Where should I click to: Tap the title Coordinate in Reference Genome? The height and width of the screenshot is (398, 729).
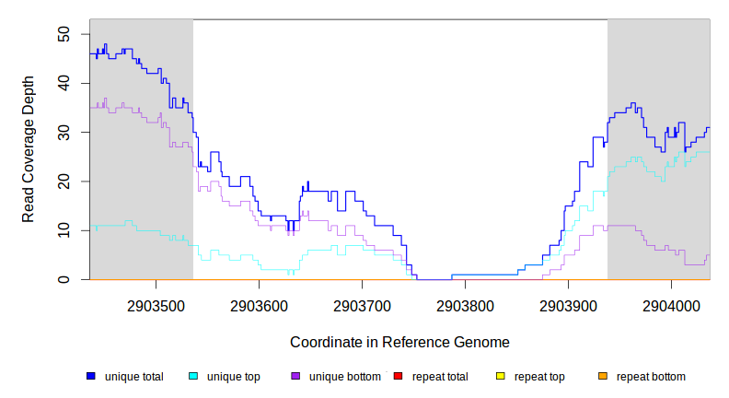[x=399, y=342]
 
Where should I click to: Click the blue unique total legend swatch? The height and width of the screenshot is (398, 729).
[x=91, y=376]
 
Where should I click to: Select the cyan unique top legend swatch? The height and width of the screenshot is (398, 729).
[x=193, y=376]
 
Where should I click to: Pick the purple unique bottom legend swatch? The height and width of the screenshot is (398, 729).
[x=295, y=376]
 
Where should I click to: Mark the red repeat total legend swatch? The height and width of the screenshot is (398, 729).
[x=398, y=376]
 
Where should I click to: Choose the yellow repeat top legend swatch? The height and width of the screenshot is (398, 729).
[x=501, y=376]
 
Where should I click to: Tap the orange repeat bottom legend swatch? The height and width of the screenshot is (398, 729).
[x=603, y=376]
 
